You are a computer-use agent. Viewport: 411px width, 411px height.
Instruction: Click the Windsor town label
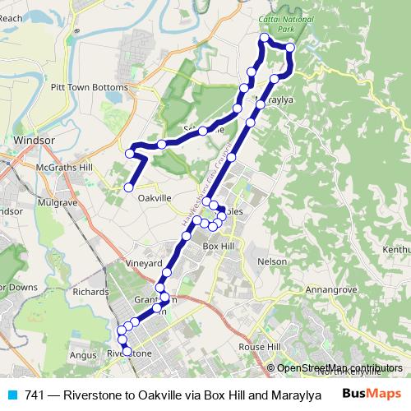(x=34, y=141)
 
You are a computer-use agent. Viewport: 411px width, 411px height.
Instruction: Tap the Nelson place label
(x=272, y=261)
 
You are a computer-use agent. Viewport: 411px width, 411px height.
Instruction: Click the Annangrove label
(x=328, y=291)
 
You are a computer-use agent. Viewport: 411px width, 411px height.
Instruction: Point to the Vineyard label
(x=142, y=264)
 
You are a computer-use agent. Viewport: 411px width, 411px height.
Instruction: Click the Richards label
(x=90, y=291)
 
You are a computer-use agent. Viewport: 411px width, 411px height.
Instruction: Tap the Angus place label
(x=82, y=354)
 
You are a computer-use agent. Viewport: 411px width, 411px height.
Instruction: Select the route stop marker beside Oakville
(x=128, y=188)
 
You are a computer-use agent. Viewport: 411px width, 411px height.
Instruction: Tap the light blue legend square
(x=12, y=395)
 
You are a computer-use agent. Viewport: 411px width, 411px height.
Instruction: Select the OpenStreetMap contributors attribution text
(x=339, y=368)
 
